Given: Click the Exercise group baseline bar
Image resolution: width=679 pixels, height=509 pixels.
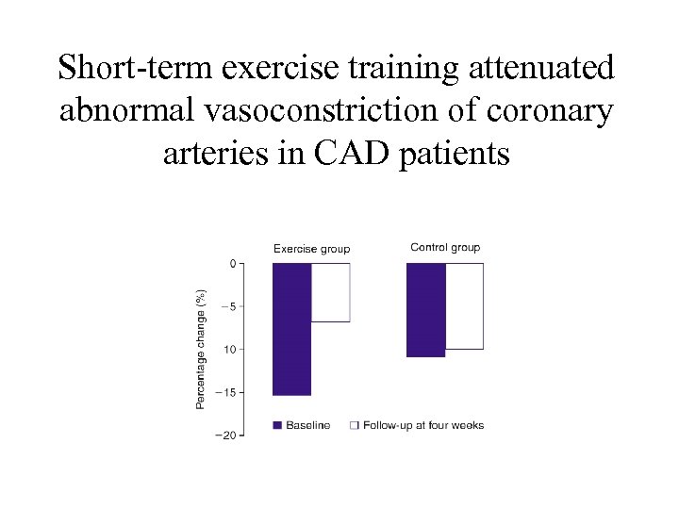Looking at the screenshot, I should coord(291,328).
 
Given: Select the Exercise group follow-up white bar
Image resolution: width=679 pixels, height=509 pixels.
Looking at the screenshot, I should coord(330,292).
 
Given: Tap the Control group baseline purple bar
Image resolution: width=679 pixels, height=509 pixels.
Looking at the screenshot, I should coord(425,309).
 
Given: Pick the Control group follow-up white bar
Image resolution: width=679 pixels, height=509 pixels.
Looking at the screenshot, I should coord(464,305).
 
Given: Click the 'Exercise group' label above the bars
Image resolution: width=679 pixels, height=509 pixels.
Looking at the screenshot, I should coord(311,249).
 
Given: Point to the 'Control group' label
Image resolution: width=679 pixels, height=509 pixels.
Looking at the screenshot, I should coord(445,248).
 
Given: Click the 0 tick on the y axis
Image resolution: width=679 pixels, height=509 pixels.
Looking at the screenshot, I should coord(233,264).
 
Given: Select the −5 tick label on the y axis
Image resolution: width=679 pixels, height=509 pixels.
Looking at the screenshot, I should coord(229,306).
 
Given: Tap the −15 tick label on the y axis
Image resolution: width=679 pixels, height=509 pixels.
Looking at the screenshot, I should coord(227,392).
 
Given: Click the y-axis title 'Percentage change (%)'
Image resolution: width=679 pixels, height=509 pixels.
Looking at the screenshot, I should coord(200,349).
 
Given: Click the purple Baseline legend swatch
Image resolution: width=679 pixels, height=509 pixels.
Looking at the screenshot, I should coord(277,425).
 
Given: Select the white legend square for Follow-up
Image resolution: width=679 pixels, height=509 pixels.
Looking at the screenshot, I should coord(355,425).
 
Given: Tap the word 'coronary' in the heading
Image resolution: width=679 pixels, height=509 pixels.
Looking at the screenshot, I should coord(549,110).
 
